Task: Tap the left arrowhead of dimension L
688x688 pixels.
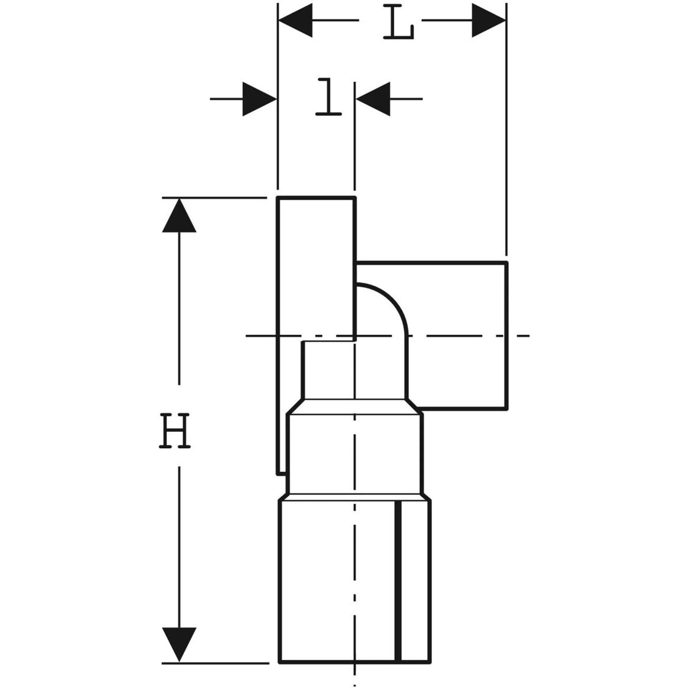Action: pos(295,20)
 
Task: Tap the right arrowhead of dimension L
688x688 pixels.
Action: pos(488,20)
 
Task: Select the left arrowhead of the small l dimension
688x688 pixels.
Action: pos(260,99)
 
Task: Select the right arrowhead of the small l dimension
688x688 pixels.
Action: pos(373,99)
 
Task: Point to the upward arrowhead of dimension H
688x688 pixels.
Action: pos(179,215)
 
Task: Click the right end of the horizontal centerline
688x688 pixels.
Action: pos(529,336)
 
